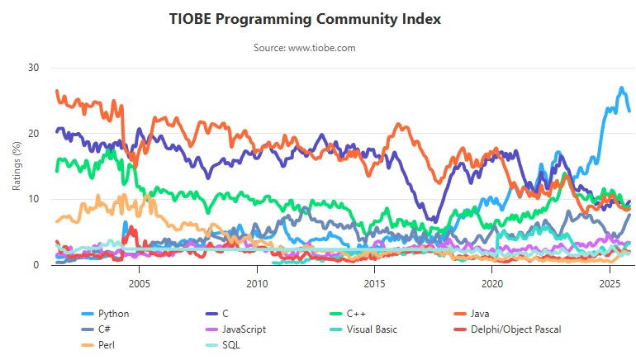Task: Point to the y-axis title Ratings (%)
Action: [x=17, y=166]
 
